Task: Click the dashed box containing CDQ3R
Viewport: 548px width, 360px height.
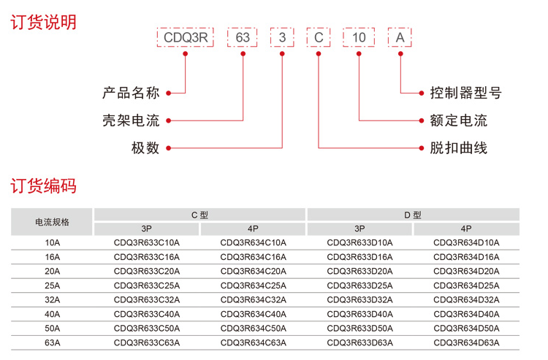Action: (x=187, y=37)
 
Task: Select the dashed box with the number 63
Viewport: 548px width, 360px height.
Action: (x=243, y=37)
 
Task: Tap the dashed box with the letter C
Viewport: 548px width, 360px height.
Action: (x=318, y=37)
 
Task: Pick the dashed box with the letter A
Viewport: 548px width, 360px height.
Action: (x=399, y=37)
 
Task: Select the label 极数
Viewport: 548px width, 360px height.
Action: (x=145, y=148)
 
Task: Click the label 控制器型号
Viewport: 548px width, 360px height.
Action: (x=461, y=93)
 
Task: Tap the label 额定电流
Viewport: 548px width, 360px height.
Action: (x=454, y=120)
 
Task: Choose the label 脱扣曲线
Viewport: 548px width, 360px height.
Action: (x=454, y=148)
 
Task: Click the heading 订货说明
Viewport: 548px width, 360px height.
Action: (x=43, y=22)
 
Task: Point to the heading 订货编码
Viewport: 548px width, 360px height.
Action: (x=43, y=186)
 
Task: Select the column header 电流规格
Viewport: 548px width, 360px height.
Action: (x=53, y=222)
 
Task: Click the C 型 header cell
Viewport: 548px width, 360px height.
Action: (x=199, y=215)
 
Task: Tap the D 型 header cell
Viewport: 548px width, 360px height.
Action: (x=412, y=215)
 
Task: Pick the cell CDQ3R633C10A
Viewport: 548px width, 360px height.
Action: (x=147, y=242)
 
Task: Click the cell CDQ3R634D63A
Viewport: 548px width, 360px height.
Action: (x=466, y=342)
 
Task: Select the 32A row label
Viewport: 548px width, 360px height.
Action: (x=53, y=299)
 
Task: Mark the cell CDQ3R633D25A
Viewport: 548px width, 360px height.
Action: (x=359, y=285)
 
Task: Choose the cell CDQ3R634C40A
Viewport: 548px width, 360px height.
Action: (x=253, y=313)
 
